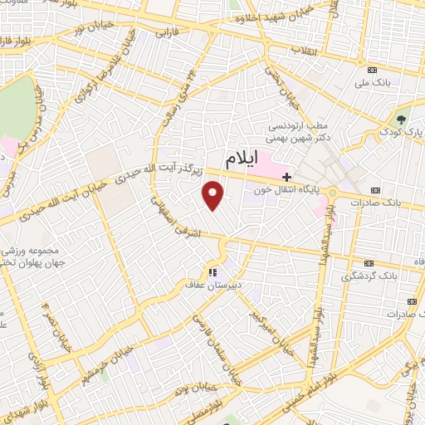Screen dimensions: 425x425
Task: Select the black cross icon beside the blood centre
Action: [286, 177]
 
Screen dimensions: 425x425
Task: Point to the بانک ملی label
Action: [371, 83]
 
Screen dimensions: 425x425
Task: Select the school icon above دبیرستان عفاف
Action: [212, 271]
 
